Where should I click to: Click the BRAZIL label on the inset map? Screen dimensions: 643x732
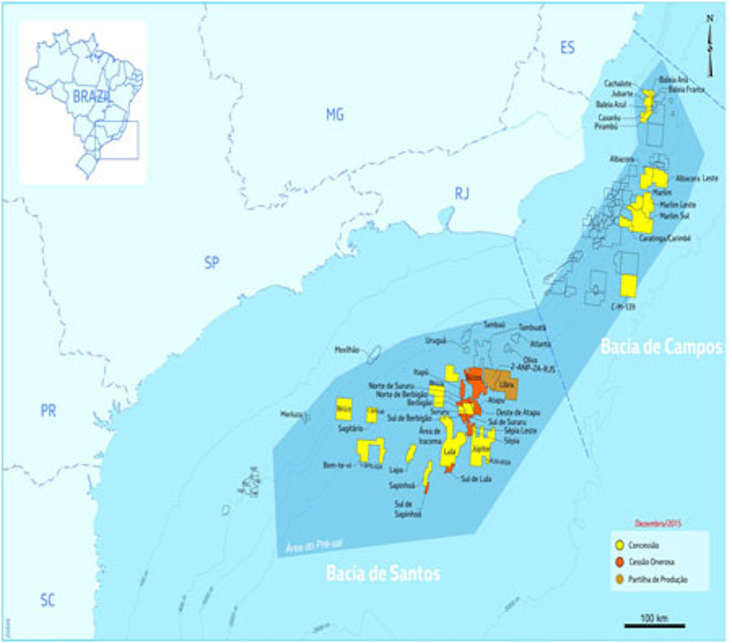[91, 96]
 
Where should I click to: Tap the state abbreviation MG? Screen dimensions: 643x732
[335, 115]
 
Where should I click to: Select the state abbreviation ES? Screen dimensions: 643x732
[567, 48]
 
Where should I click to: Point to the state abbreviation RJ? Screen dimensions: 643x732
[462, 194]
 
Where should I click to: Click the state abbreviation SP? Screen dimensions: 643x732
[211, 263]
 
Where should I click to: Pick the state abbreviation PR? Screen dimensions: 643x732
[48, 411]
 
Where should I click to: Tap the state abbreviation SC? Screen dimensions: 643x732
[47, 601]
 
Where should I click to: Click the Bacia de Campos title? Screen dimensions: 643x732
[661, 347]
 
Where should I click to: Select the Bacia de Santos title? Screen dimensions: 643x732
[383, 574]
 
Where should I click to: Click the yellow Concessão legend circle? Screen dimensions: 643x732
[620, 545]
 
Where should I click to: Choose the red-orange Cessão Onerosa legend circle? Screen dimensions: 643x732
[620, 562]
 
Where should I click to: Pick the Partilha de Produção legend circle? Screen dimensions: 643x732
[620, 579]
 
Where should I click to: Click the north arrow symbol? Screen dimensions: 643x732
[710, 46]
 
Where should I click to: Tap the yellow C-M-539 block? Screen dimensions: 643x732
[629, 286]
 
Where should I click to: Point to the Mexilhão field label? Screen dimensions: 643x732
[347, 350]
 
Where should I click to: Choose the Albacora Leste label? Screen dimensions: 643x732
[696, 179]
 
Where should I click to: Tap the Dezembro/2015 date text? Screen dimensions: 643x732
[659, 523]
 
